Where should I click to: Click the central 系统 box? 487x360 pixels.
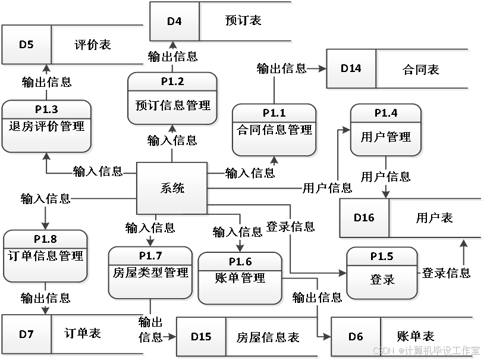click(x=172, y=189)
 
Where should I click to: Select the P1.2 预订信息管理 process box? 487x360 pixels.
click(x=172, y=99)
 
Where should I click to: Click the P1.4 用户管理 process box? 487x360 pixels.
click(x=386, y=130)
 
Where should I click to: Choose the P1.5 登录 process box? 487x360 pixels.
click(x=382, y=273)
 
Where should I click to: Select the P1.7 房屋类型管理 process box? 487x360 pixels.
click(x=150, y=273)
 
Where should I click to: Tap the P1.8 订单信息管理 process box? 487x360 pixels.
click(x=46, y=256)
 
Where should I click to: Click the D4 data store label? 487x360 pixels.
click(x=174, y=22)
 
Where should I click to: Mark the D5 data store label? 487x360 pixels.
click(x=26, y=44)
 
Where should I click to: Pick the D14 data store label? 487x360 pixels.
click(x=351, y=68)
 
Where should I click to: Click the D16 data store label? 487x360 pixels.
click(x=364, y=218)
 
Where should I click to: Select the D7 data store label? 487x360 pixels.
click(x=26, y=334)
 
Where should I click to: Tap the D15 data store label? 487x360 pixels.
click(x=201, y=336)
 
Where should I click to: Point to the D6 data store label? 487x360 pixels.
click(x=356, y=336)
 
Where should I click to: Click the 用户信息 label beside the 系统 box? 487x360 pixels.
click(x=327, y=188)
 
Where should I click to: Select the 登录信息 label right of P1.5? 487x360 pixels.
click(x=446, y=273)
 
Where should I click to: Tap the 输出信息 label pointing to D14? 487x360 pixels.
click(x=281, y=68)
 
